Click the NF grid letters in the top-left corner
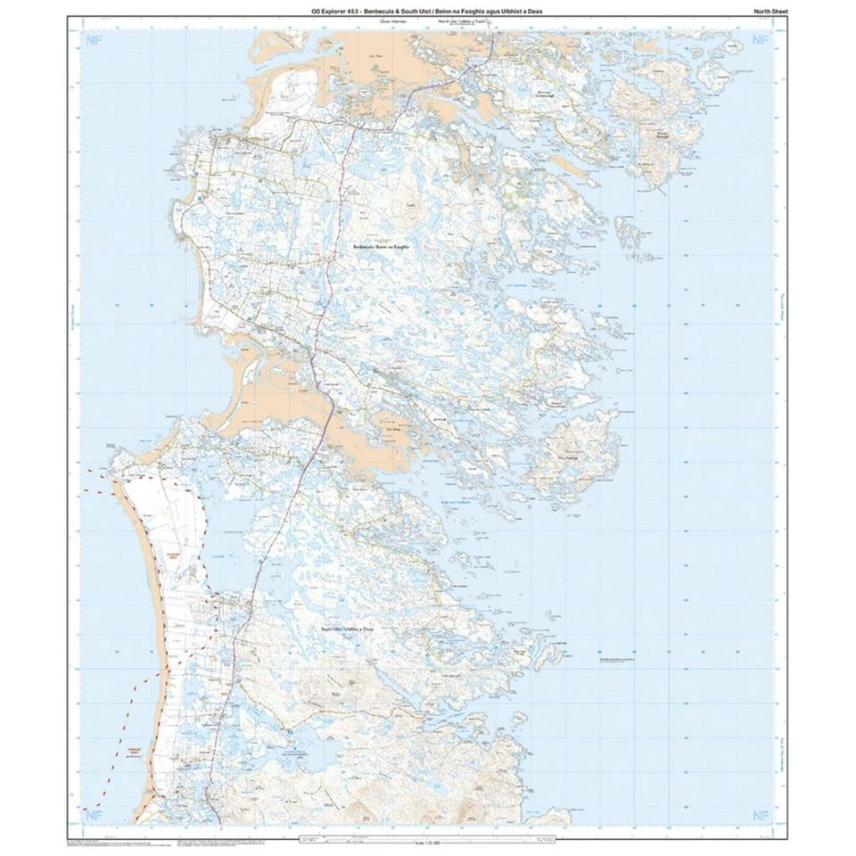pos(91,40)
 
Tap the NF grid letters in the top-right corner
pos(760,40)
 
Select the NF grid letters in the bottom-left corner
pos(91,814)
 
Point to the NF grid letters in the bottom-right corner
pos(760,814)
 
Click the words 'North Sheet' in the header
pos(765,11)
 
